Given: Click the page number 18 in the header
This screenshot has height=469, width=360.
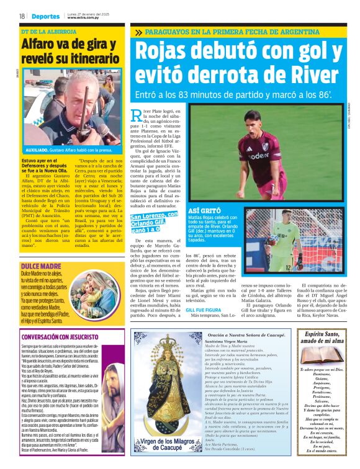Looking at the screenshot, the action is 22,16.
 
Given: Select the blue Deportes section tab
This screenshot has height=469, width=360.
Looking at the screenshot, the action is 45,16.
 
